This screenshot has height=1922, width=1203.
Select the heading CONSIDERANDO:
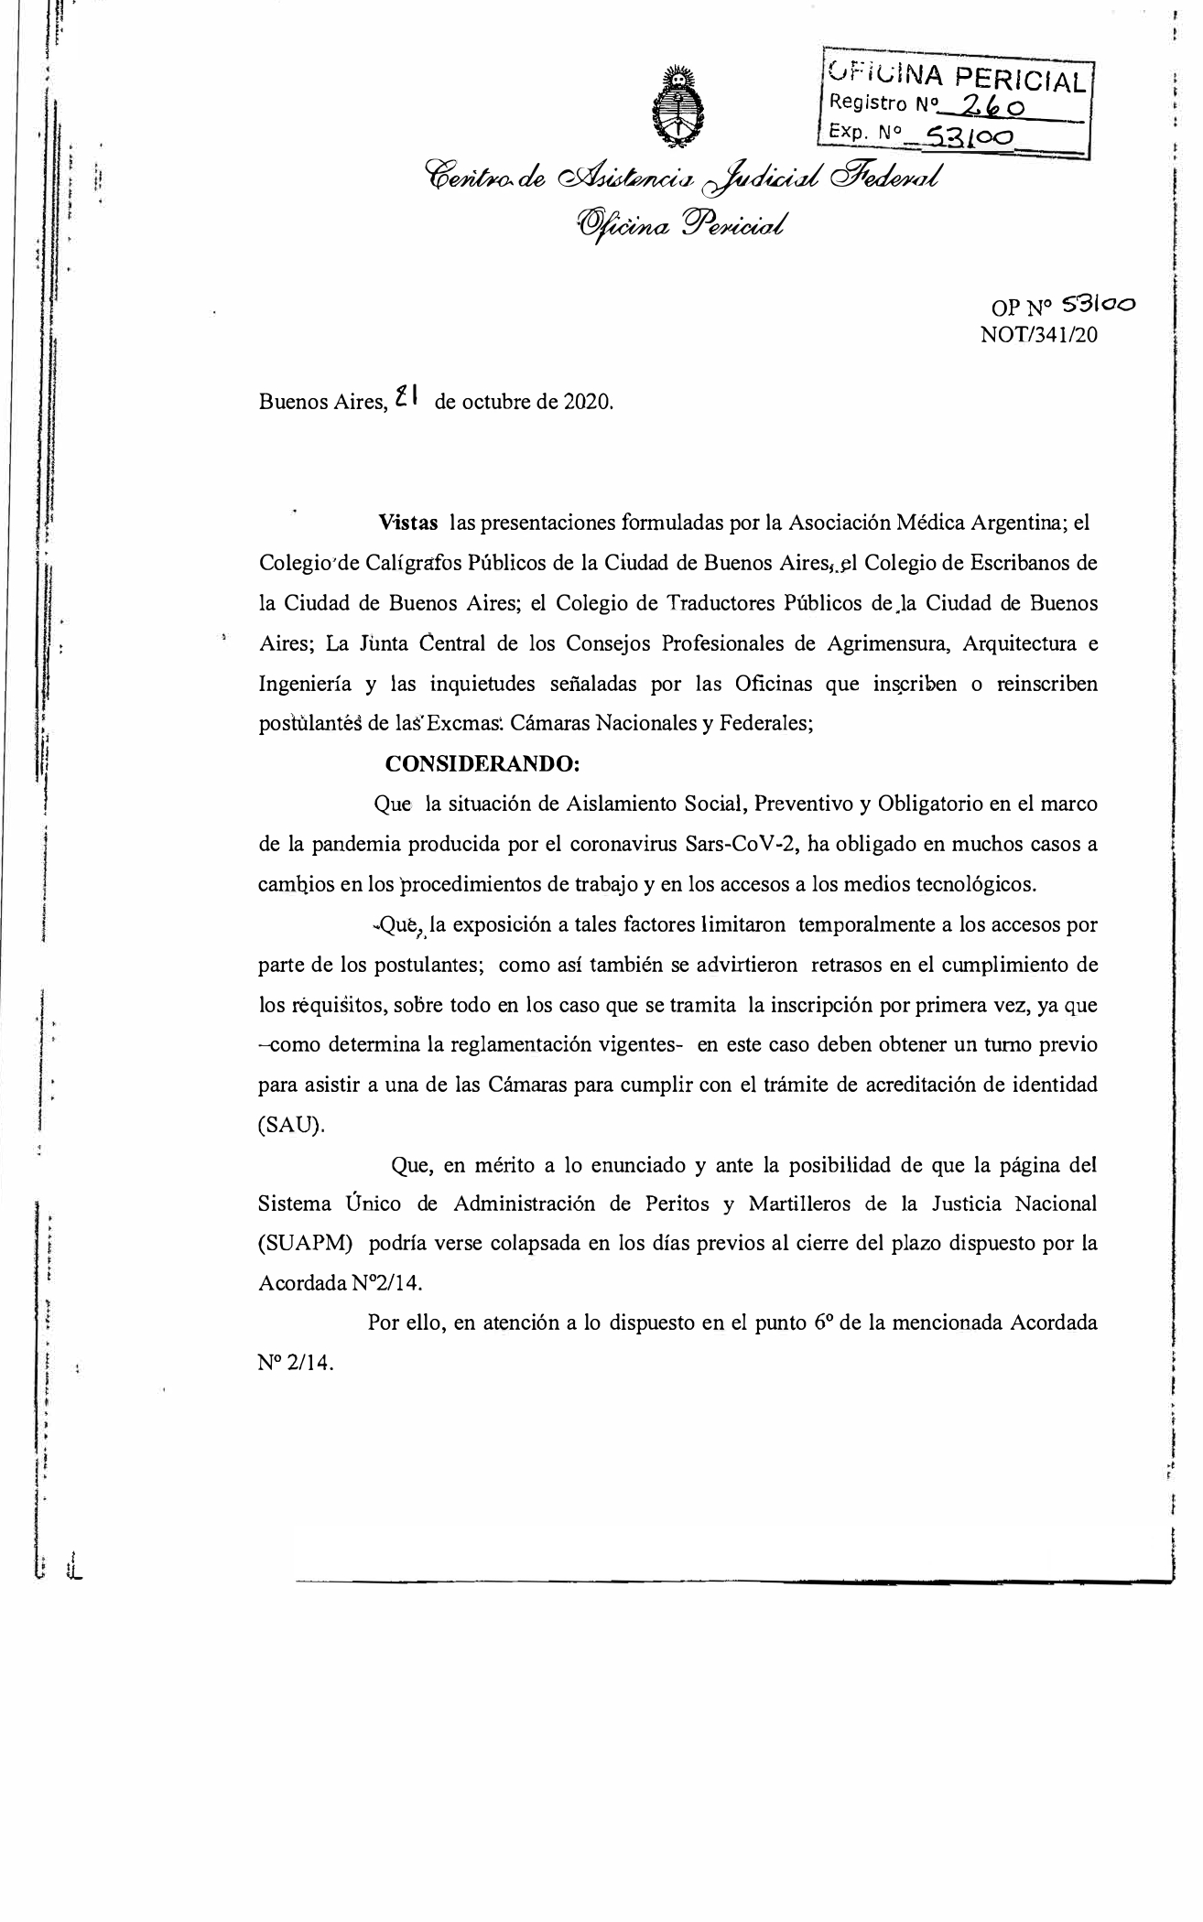482,763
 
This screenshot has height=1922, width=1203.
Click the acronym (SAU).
291,1126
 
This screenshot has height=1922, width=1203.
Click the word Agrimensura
882,643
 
